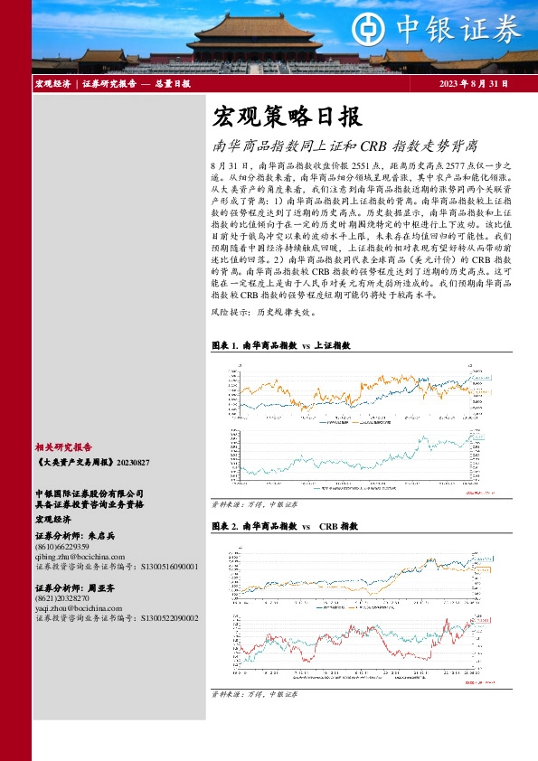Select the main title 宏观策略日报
tap(287, 117)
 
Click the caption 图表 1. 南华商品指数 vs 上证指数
tap(279, 345)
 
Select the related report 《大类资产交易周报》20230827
tap(92, 462)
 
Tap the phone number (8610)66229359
tap(61, 547)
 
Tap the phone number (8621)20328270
tap(61, 598)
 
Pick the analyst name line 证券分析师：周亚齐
tap(75, 587)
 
